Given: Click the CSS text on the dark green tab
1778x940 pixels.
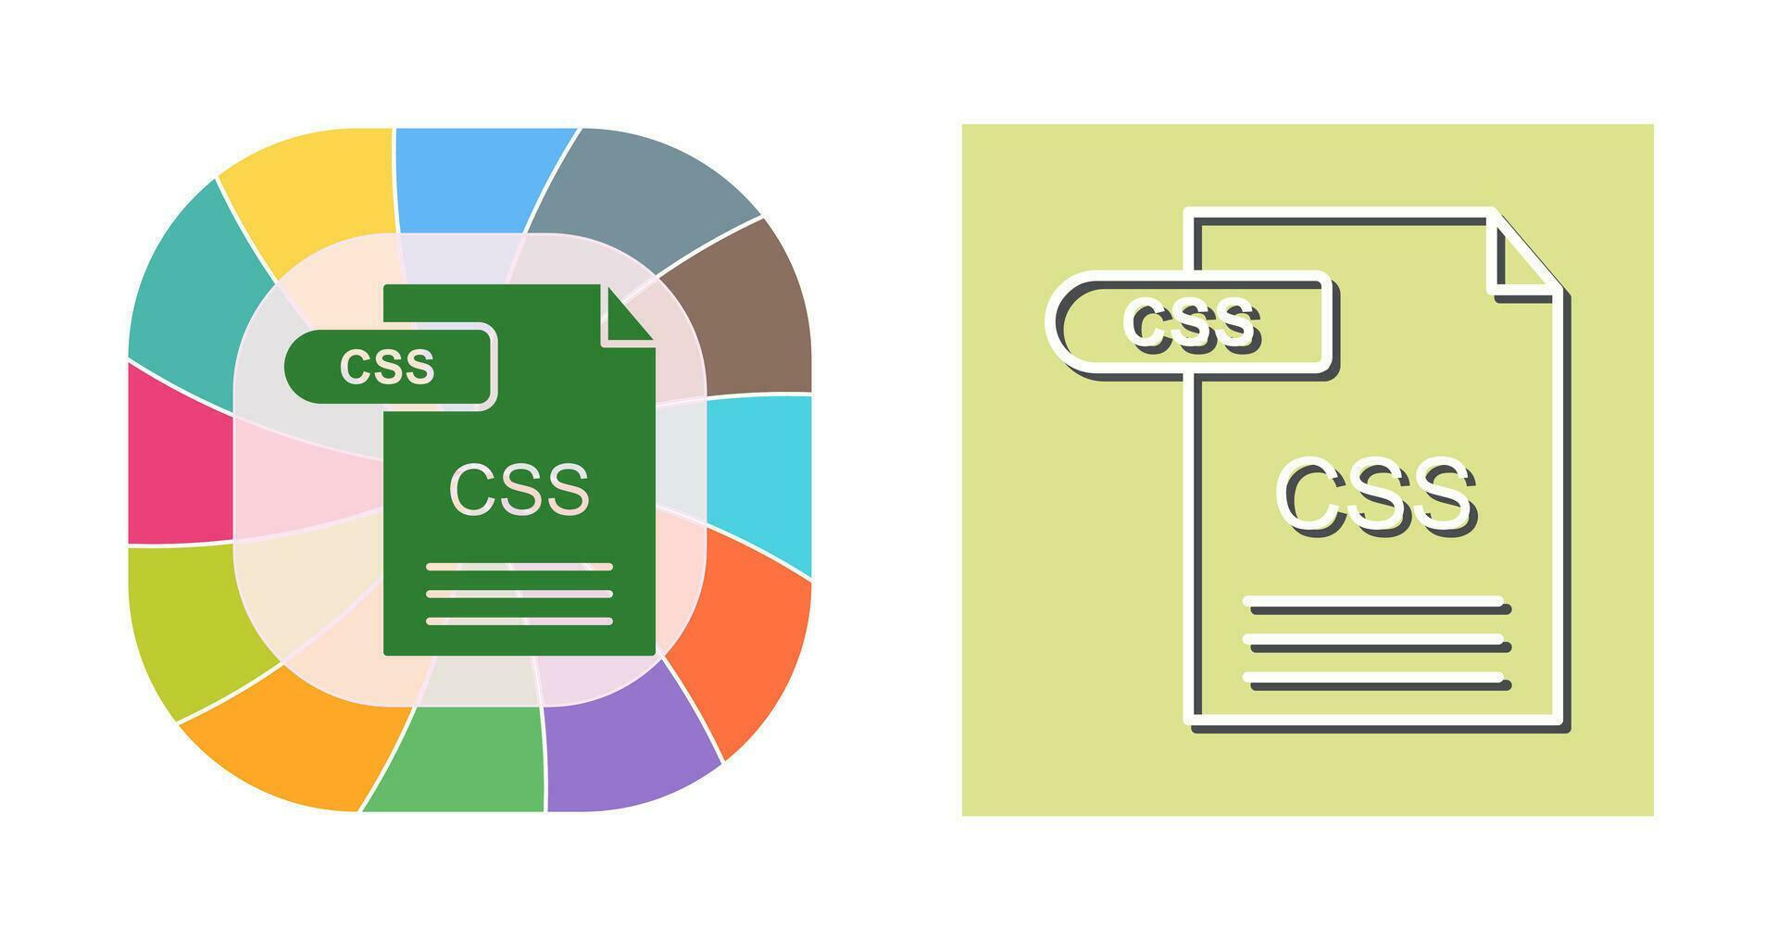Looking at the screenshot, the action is [x=387, y=367].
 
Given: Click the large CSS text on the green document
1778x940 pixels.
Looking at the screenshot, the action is [x=519, y=489].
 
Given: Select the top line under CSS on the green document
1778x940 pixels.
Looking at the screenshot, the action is [x=520, y=566].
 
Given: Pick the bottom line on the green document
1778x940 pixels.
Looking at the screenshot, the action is [x=520, y=620].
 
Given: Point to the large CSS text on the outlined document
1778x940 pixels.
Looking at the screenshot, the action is [x=1375, y=495].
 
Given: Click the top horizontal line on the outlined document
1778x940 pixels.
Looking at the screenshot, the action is [x=1376, y=604].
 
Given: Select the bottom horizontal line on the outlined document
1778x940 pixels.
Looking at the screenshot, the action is [x=1376, y=682].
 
